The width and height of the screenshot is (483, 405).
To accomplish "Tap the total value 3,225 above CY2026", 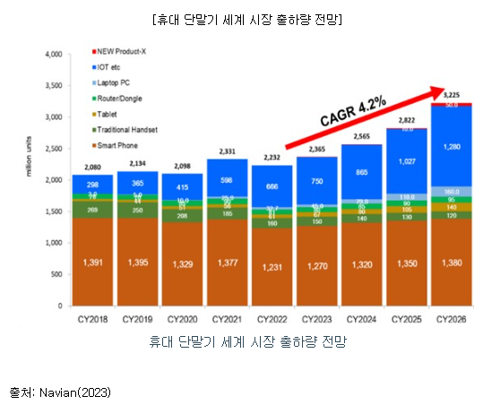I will pyautogui.click(x=453, y=94).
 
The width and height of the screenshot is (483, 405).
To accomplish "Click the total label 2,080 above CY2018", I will pyautogui.click(x=93, y=168).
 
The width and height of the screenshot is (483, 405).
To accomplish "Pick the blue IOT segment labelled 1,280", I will pyautogui.click(x=453, y=146).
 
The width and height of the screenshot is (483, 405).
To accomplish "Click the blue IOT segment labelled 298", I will pyautogui.click(x=93, y=185).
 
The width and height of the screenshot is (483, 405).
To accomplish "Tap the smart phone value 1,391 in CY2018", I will pyautogui.click(x=93, y=262).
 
